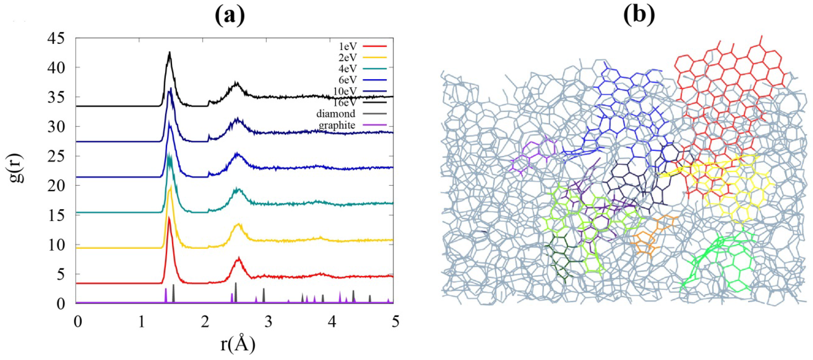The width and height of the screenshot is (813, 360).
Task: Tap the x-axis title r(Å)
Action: coord(237,345)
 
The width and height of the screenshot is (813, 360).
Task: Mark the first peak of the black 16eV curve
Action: coord(170,52)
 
